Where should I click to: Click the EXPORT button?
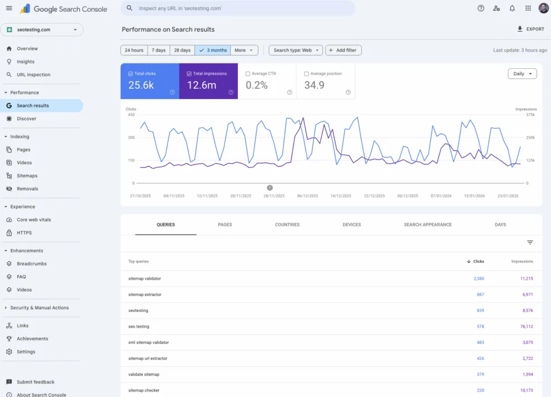point(531,29)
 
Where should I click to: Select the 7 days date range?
point(159,50)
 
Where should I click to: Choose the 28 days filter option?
point(182,50)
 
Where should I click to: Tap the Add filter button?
point(343,50)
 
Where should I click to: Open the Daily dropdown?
point(522,74)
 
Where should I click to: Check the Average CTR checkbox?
point(248,74)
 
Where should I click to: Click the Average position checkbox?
point(306,74)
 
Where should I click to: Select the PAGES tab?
point(225,224)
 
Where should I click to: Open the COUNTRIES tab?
point(287,224)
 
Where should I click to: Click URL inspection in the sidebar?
point(33,75)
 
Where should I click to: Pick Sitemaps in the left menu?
point(27,176)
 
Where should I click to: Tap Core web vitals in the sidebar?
point(34,220)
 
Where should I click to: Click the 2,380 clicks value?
point(479,279)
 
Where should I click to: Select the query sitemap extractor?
point(145,295)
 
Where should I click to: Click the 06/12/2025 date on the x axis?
point(307,196)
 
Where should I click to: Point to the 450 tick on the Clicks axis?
point(131,115)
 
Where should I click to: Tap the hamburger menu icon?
point(9,9)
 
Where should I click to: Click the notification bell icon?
point(512,9)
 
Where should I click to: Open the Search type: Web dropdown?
point(295,50)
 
